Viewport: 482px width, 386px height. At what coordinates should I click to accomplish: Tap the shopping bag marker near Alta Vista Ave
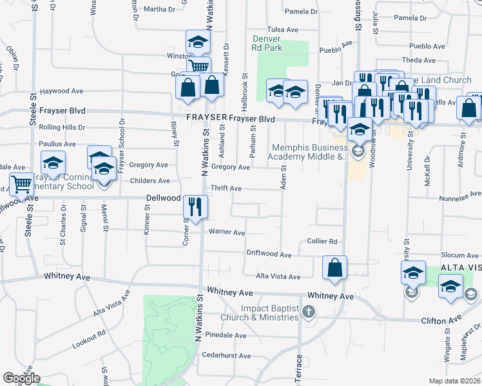[334, 267]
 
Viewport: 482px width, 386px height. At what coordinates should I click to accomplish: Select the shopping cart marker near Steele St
[21, 185]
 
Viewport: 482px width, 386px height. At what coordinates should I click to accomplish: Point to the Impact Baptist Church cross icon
[309, 313]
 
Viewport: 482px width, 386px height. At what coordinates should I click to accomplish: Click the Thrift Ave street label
[226, 188]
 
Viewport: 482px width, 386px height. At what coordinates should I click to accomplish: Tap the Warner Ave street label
[226, 232]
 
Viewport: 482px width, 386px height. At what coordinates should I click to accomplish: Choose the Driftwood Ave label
[269, 253]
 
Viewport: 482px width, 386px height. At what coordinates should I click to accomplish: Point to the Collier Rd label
[322, 241]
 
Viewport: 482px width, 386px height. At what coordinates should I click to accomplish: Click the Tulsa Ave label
[283, 30]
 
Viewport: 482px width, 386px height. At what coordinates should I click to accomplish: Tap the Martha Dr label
[159, 9]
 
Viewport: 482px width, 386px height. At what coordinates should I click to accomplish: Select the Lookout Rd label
[88, 340]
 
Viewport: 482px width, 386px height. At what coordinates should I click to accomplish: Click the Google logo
[21, 378]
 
